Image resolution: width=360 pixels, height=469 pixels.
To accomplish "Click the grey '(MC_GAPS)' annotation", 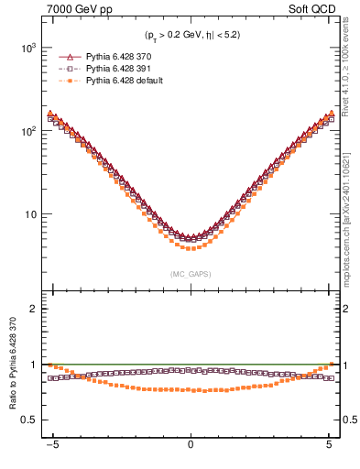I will pos(190,273).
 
